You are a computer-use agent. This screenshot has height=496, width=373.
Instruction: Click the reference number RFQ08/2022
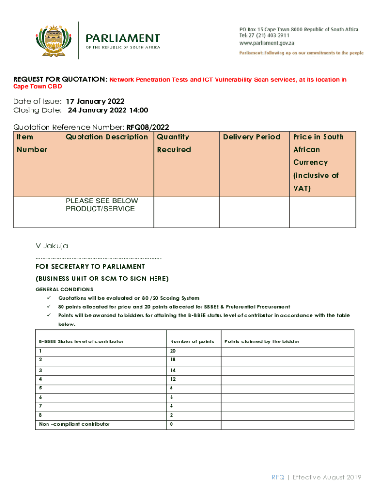click(148, 128)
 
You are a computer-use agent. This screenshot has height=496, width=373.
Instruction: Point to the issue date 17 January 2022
click(95, 101)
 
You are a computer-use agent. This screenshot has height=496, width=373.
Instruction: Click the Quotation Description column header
click(107, 137)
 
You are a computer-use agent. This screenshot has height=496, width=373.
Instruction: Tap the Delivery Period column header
click(251, 137)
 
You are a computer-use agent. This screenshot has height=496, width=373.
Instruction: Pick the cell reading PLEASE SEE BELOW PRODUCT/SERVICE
click(102, 205)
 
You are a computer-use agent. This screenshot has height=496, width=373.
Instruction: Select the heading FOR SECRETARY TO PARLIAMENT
click(90, 267)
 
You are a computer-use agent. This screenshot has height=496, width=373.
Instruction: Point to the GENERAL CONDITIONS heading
click(64, 289)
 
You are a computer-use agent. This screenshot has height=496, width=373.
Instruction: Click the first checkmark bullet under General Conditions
click(48, 298)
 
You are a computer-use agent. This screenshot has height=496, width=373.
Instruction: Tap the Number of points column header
click(192, 341)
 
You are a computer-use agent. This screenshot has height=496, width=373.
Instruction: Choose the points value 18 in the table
click(173, 360)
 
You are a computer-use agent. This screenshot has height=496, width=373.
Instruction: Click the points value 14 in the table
click(173, 370)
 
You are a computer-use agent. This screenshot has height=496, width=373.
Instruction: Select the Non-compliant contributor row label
click(74, 424)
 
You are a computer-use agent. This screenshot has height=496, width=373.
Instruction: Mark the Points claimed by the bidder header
click(262, 341)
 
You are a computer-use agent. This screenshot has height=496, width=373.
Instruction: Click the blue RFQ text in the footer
click(278, 477)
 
